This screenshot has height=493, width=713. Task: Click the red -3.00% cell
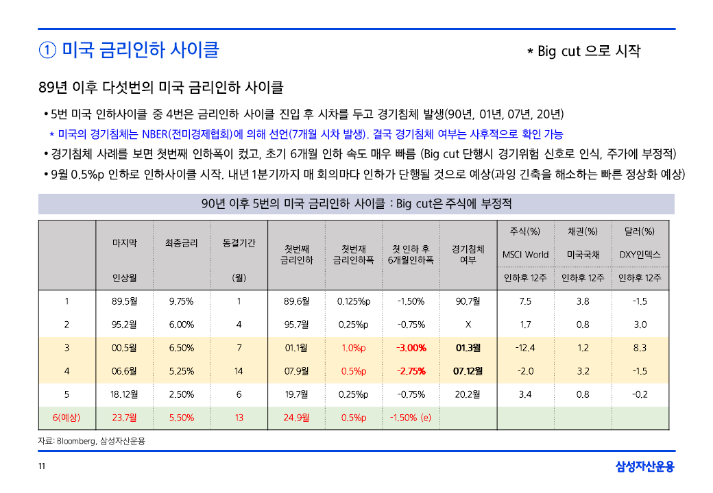[411, 348]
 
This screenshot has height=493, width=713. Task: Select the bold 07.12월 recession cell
[468, 371]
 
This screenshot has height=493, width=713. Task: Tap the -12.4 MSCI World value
[525, 348]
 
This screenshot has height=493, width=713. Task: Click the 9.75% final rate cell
[181, 301]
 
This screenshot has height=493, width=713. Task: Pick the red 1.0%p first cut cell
[354, 348]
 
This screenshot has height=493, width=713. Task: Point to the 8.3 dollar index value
[640, 348]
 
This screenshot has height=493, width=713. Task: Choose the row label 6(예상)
[67, 418]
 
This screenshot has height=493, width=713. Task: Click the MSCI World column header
[525, 255]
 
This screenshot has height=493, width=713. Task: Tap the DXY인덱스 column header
[640, 255]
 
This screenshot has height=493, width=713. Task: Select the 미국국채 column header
[583, 255]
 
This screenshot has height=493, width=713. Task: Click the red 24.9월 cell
[296, 418]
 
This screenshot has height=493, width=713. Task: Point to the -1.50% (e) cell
[411, 418]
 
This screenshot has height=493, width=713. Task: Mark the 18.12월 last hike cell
[125, 394]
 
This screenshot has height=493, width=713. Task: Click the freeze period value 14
[239, 371]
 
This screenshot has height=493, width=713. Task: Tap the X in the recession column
[468, 325]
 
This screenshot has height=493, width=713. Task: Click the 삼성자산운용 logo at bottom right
[644, 467]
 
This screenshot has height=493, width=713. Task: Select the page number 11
[42, 467]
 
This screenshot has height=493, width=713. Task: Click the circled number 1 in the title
[47, 51]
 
